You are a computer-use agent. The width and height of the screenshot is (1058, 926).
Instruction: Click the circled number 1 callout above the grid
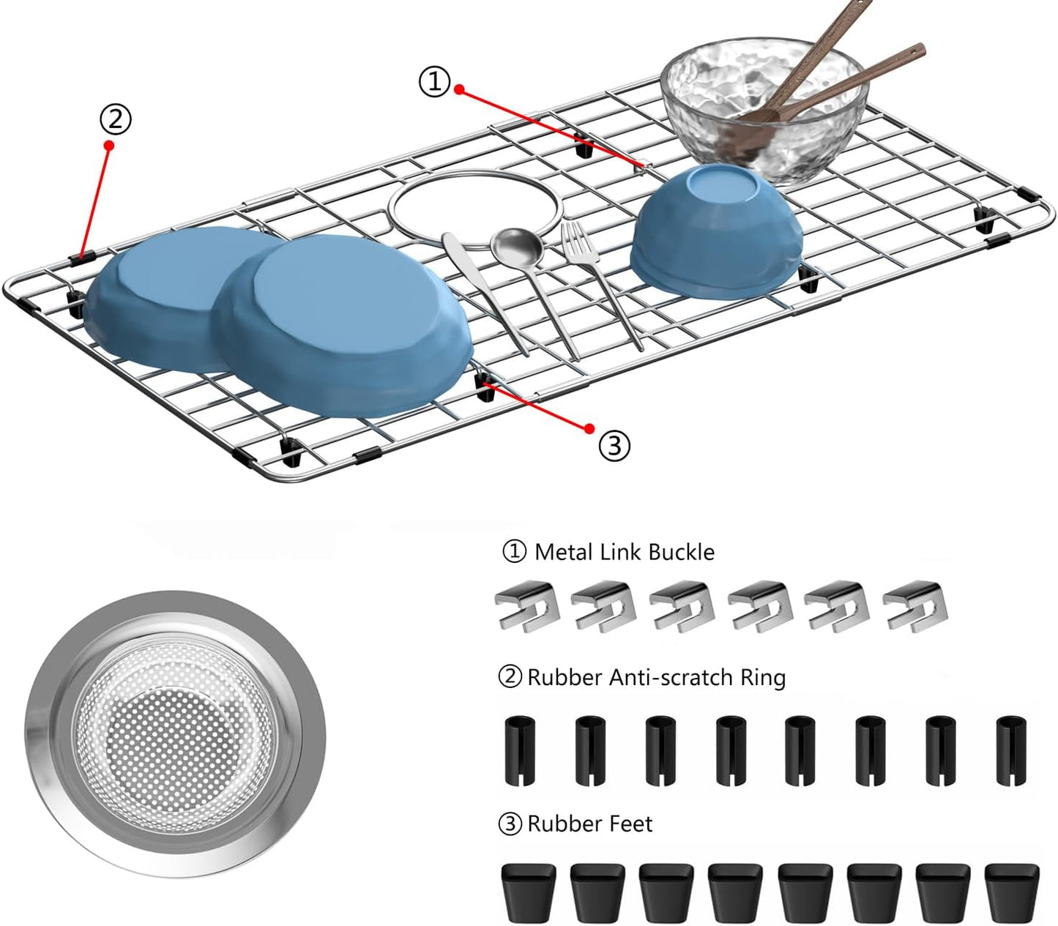435,81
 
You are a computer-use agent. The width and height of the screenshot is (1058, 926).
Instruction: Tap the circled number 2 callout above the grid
116,119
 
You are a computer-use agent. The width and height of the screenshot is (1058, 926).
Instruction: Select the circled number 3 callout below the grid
614,445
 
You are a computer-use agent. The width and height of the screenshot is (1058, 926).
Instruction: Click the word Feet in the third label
630,824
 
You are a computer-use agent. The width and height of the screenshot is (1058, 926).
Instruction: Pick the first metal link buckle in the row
527,606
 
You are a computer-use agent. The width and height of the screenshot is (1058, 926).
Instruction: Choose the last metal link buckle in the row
914,606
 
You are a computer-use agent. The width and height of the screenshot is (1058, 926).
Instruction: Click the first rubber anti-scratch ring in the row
519,750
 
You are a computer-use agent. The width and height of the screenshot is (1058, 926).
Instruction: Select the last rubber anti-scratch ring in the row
1011,750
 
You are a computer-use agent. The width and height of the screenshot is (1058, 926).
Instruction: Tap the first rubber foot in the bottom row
528,892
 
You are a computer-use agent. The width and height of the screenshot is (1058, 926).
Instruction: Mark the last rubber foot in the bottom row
1011,892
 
